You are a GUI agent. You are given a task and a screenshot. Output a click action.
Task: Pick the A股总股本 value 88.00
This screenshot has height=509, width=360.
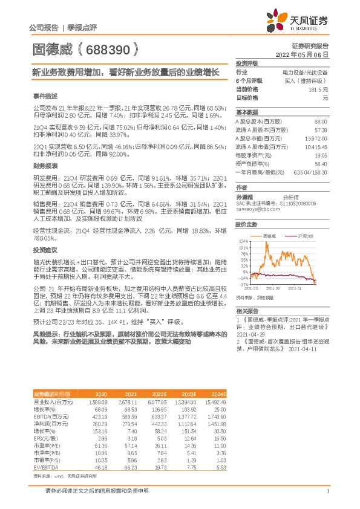pos(321,122)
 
